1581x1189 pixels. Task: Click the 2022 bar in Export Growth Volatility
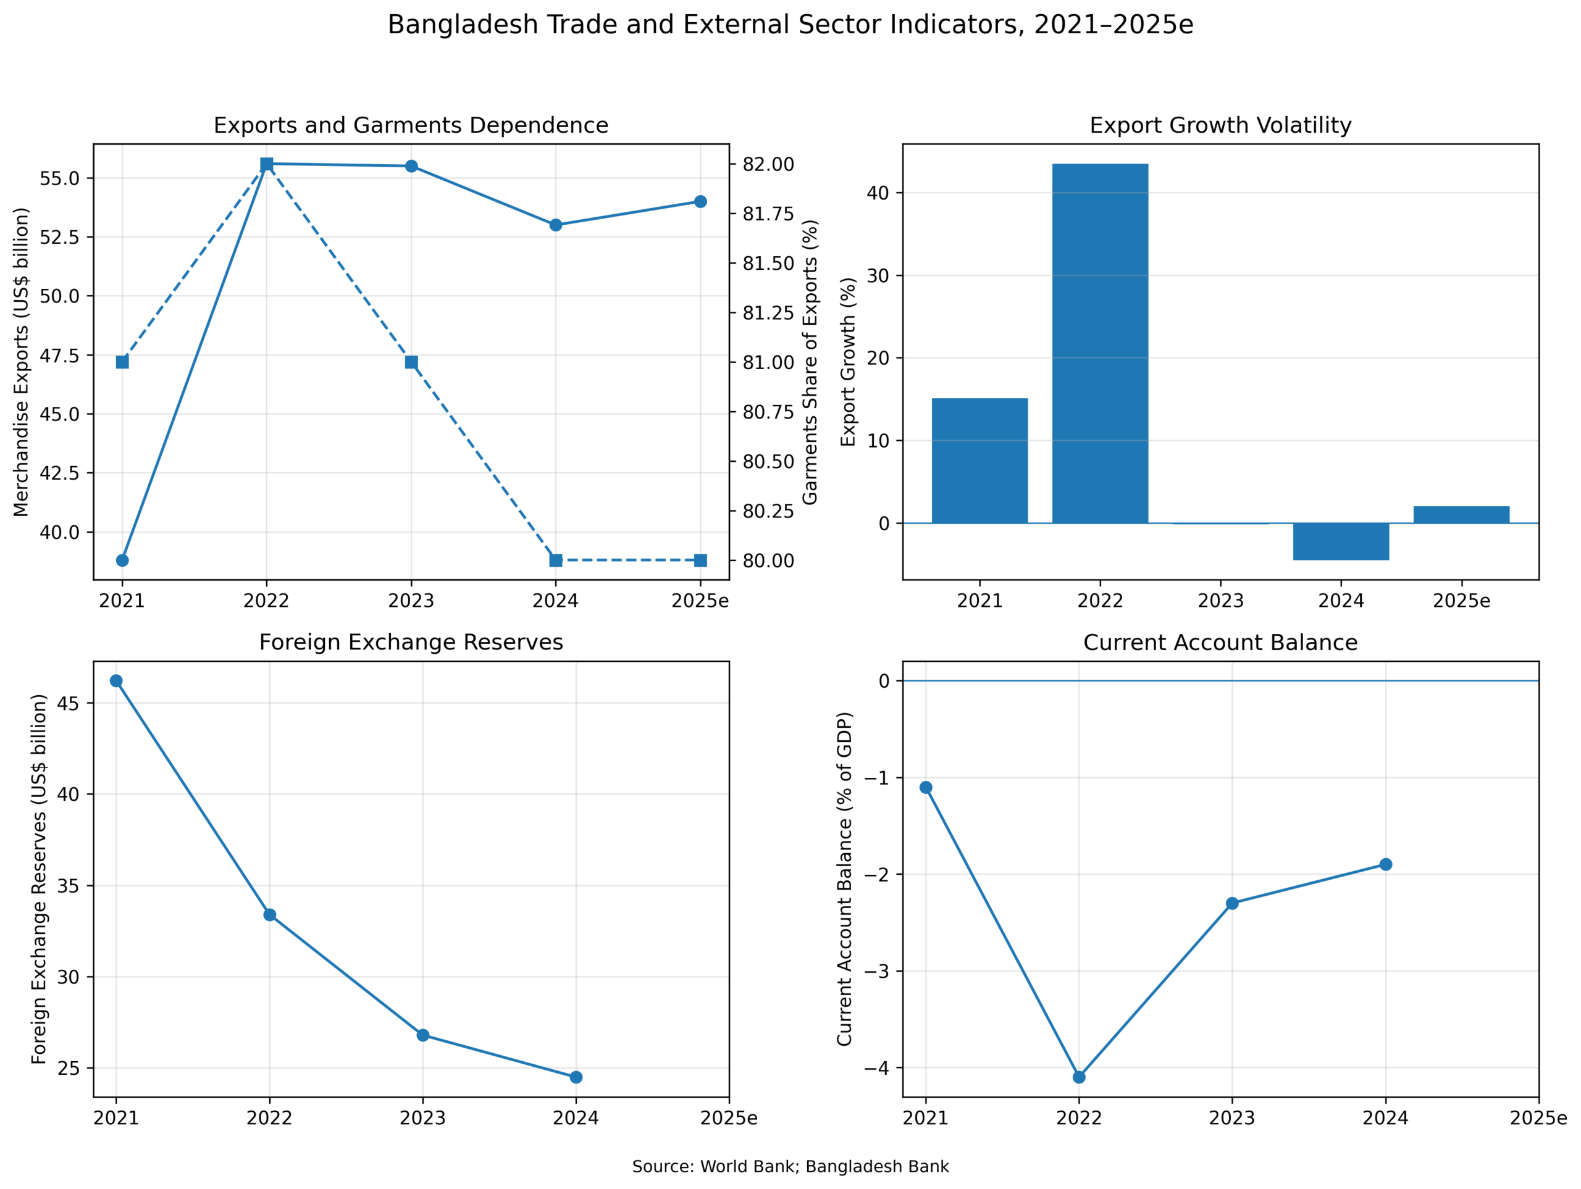[x=1100, y=343]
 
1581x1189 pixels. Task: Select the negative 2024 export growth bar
[x=1341, y=541]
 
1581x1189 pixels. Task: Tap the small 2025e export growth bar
[x=1462, y=514]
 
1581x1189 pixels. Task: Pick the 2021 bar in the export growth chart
[x=980, y=461]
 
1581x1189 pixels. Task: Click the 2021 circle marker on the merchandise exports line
[x=122, y=560]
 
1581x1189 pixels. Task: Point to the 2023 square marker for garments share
[x=411, y=362]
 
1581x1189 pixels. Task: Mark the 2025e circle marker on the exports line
[x=700, y=201]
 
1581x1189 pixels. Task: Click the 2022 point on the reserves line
[x=269, y=915]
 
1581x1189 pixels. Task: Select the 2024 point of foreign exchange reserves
[x=576, y=1077]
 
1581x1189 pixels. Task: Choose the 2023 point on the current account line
[x=1232, y=903]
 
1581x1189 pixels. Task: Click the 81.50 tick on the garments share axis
[x=768, y=264]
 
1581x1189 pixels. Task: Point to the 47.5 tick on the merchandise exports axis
[x=60, y=355]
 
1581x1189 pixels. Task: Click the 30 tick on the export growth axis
[x=878, y=276]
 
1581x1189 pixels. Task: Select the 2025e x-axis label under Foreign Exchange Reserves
[x=728, y=1118]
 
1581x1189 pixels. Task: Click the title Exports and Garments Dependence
[x=411, y=125]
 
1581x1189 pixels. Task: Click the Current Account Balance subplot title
[x=1220, y=643]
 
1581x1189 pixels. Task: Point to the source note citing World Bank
[x=790, y=1167]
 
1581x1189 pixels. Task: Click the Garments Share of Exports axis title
[x=809, y=362]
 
